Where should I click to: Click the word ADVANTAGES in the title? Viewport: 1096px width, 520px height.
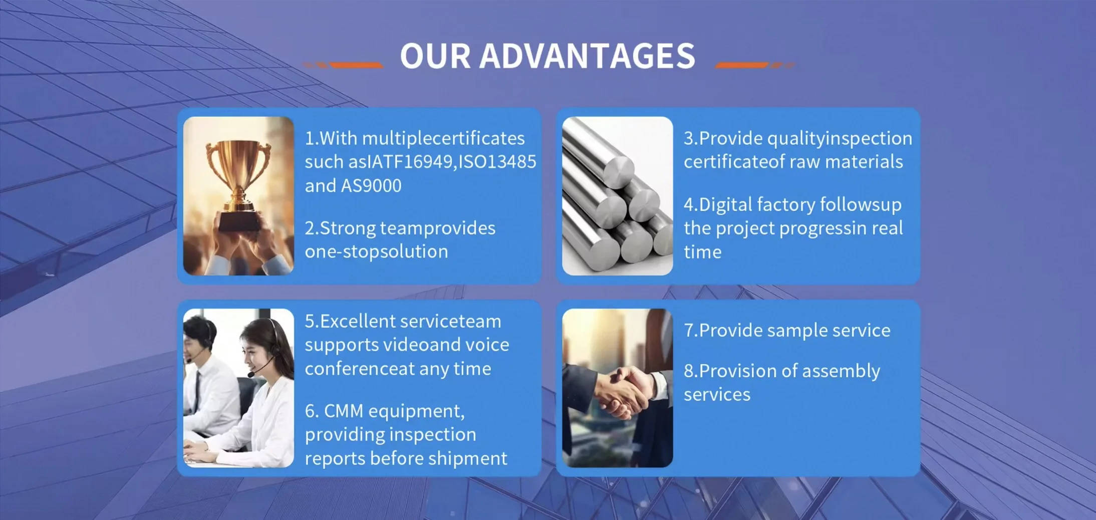coord(588,56)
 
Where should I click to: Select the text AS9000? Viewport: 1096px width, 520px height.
coord(371,186)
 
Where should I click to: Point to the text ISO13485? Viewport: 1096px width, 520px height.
coord(497,162)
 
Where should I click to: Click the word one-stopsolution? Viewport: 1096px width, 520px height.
coord(377,251)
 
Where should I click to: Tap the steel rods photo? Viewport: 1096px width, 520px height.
coord(618,196)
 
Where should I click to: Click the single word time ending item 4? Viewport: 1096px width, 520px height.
coord(703,252)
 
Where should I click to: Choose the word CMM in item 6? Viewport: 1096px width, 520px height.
coord(344,411)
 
